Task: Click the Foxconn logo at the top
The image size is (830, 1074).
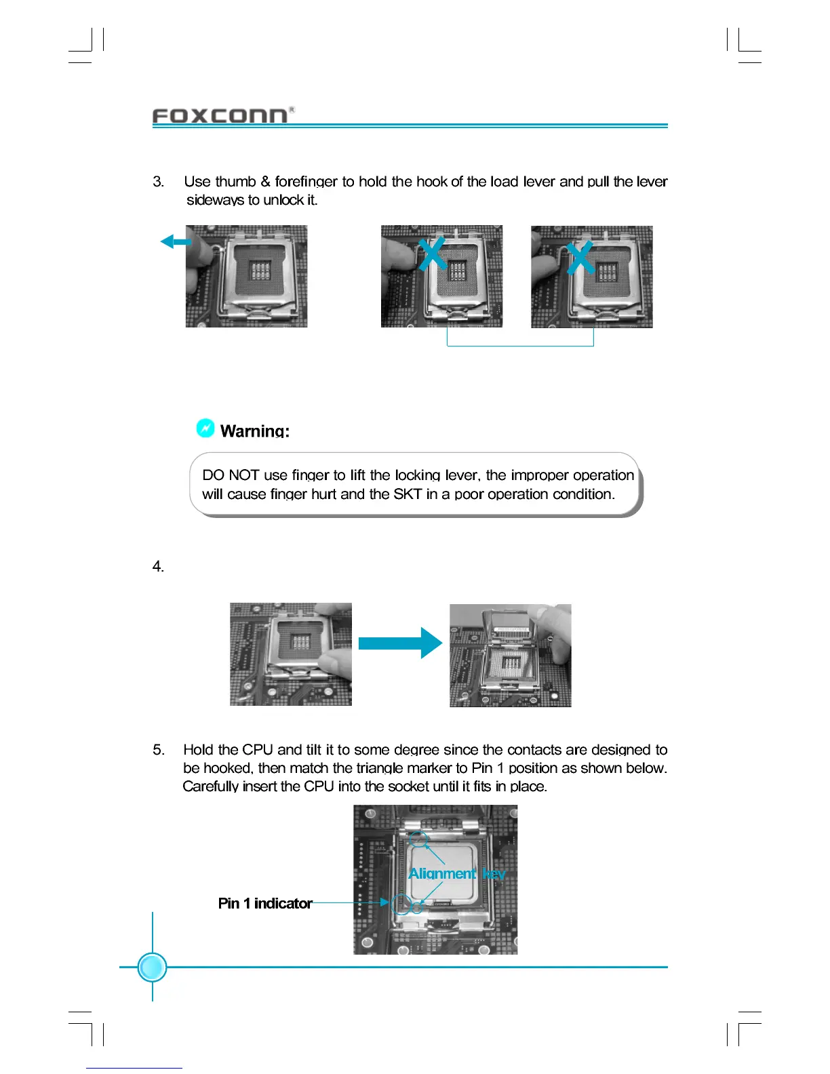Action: click(x=220, y=116)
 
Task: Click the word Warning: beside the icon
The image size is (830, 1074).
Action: click(x=255, y=431)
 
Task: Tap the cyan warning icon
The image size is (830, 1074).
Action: click(x=205, y=428)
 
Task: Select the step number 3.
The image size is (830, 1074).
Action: click(x=158, y=182)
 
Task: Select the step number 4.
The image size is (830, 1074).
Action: click(x=158, y=567)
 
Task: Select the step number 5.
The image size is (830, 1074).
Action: click(x=158, y=750)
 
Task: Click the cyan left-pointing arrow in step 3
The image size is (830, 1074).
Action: click(x=176, y=241)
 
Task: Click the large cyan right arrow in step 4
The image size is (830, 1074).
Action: click(x=400, y=643)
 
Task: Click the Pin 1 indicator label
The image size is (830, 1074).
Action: click(x=265, y=903)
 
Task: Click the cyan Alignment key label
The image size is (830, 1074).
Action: click(x=456, y=873)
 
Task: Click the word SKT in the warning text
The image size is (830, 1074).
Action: click(x=408, y=494)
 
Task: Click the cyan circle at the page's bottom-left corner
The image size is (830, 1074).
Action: click(x=152, y=967)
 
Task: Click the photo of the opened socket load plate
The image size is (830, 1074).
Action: click(x=510, y=655)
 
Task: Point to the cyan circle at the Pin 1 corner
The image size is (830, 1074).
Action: click(x=401, y=904)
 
